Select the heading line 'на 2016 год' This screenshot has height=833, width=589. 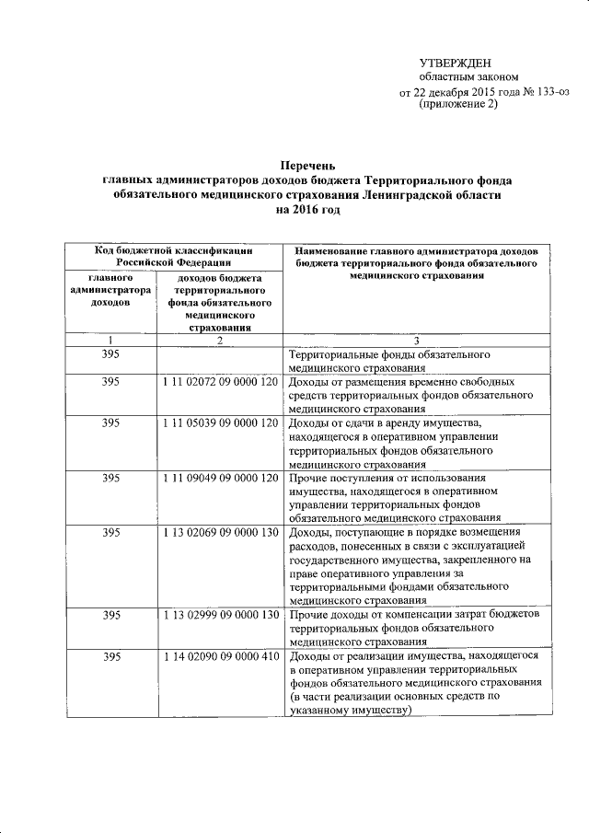coord(307,211)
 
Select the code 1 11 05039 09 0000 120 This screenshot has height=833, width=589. coord(219,422)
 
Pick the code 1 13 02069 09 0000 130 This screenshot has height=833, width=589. coord(219,533)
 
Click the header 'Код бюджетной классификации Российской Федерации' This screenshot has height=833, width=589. coord(174,256)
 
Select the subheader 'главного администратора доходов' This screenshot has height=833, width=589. coord(110,289)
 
